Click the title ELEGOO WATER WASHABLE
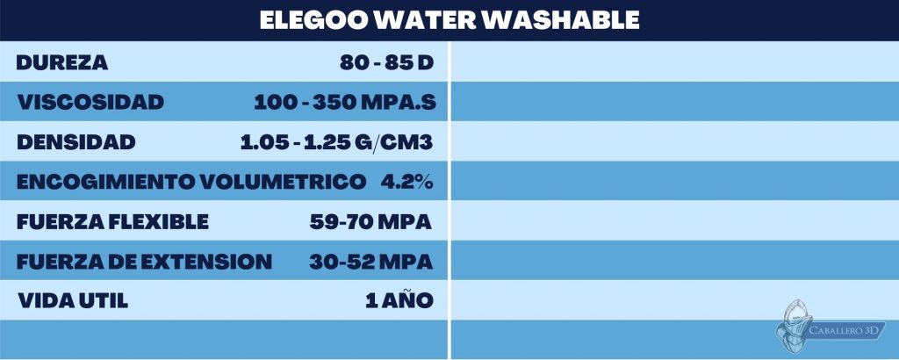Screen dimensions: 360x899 pos(449,19)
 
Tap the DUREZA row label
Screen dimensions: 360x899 pos(61,63)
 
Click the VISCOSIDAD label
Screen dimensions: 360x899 pos(90,103)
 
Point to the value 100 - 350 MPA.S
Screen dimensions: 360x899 pos(344,103)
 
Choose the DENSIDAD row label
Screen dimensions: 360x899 pos(76,142)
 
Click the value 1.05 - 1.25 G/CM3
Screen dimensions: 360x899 pos(337,142)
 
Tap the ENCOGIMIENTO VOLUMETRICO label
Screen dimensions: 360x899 pos(191,182)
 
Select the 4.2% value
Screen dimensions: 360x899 pos(407,182)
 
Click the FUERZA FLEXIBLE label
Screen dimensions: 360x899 pos(112,222)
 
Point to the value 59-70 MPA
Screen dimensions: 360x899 pos(370,222)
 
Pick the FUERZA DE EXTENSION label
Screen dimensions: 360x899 pos(144,262)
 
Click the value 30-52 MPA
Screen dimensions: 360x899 pos(370,262)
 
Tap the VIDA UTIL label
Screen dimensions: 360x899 pos(73,301)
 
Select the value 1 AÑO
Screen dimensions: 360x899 pos(399,301)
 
